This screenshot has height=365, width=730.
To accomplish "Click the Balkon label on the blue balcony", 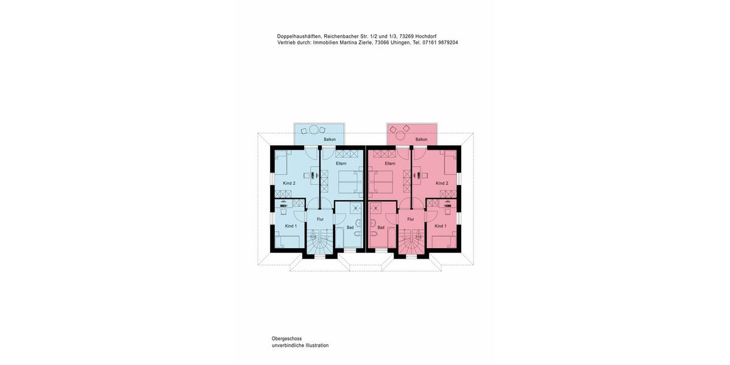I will click(x=330, y=140).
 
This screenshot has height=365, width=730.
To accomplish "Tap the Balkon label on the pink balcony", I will click(x=421, y=140).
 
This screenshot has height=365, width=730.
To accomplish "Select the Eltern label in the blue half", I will click(x=341, y=164).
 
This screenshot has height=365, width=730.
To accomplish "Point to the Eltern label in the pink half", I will click(x=390, y=164).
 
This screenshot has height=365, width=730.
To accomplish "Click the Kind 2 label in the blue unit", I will click(x=289, y=183).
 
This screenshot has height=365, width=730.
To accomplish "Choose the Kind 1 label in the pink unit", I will click(x=440, y=226).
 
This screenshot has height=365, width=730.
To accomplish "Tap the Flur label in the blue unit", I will click(x=320, y=219).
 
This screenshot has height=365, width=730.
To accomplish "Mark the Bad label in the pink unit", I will click(x=381, y=228).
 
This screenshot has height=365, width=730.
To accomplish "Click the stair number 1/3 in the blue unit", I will click(x=313, y=237).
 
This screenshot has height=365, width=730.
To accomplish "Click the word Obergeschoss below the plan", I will click(x=287, y=339).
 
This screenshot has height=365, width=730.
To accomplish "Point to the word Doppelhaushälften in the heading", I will click(x=298, y=36).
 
